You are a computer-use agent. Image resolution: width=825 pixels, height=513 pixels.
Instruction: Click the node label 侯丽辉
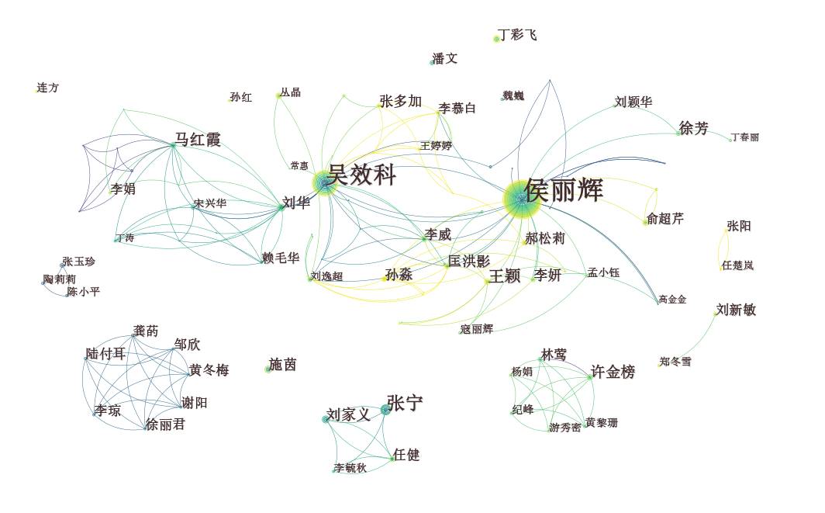564,190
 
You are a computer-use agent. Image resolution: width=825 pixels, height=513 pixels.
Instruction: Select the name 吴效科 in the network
361,175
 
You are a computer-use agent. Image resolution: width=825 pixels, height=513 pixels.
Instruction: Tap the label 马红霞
198,140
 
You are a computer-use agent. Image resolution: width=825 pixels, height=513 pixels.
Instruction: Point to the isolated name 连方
47,88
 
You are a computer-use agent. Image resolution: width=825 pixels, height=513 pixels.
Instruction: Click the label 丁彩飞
517,35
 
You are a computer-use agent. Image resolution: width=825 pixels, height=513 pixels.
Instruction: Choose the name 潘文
445,58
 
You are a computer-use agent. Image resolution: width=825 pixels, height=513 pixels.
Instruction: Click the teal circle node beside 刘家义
326,419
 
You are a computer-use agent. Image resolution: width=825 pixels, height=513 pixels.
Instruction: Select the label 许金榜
613,373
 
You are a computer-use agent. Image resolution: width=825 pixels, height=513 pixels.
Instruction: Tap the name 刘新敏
736,310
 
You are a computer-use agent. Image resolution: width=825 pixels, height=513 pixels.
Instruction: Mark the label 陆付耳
105,354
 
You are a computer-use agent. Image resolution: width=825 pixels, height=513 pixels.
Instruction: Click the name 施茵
282,364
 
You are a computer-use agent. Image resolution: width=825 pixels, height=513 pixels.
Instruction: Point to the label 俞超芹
665,219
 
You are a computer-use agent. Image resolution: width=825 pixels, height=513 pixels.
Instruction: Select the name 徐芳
694,128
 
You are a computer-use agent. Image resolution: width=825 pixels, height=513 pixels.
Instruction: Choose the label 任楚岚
737,265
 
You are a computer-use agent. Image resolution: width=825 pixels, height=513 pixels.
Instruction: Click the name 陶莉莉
60,279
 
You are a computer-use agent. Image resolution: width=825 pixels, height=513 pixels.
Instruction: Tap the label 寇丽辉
476,329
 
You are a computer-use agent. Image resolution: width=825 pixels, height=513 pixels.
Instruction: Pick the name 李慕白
457,108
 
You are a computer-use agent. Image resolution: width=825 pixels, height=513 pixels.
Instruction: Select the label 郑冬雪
675,362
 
